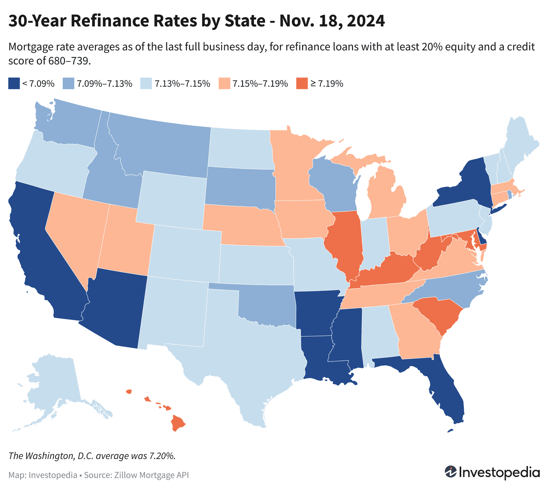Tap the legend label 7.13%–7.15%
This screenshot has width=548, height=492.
click(x=182, y=84)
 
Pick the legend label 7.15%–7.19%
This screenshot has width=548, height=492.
click(x=260, y=84)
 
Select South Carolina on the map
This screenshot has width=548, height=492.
click(x=438, y=313)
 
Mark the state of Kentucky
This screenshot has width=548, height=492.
click(x=387, y=270)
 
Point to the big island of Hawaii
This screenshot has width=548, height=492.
click(x=178, y=423)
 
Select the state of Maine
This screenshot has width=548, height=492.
click(x=519, y=141)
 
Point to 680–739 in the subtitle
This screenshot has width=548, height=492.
click(x=68, y=61)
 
